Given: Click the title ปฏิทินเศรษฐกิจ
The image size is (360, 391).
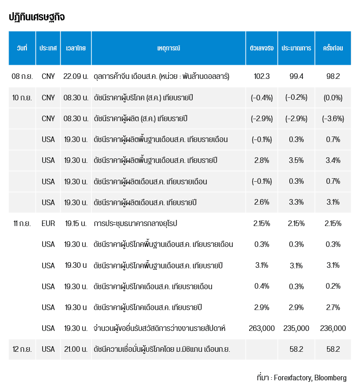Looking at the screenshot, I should click(x=37, y=17).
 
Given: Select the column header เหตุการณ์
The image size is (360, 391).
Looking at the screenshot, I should click(x=169, y=48).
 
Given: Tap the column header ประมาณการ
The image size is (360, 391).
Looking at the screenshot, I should click(x=296, y=48).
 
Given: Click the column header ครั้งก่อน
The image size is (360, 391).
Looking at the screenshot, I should click(x=333, y=48).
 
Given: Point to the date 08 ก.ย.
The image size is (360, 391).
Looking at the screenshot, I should click(x=22, y=76).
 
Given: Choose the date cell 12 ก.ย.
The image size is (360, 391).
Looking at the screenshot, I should click(x=22, y=349).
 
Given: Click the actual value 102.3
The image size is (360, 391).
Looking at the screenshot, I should click(x=261, y=76).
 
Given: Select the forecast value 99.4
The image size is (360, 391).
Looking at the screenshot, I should click(x=296, y=76).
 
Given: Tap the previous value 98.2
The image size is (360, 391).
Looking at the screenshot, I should click(x=333, y=76).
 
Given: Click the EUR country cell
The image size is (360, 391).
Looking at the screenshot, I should click(x=48, y=224).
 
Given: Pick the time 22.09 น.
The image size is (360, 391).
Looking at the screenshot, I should click(x=76, y=76).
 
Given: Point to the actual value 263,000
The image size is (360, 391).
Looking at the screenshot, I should click(x=261, y=328).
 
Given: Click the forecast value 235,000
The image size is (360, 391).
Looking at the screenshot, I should click(x=296, y=328).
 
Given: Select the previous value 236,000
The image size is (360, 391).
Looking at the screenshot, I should click(x=333, y=328).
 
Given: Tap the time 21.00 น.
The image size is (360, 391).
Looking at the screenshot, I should click(x=76, y=349).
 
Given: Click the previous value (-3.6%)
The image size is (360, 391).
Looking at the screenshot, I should click(x=333, y=119).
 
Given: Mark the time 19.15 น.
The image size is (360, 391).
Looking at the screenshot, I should click(x=76, y=224).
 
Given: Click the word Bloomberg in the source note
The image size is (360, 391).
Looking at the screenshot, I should click(x=330, y=378).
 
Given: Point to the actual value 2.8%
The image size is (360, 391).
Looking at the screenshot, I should click(x=261, y=160).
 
